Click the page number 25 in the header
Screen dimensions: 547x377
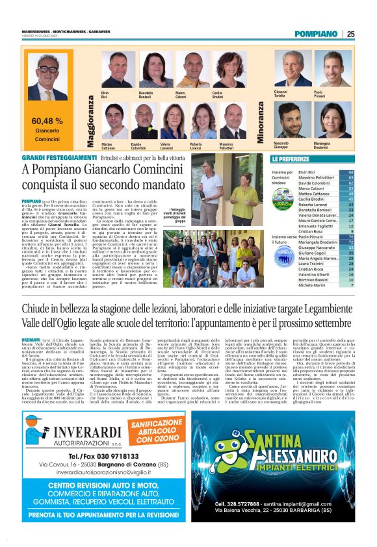[351, 34]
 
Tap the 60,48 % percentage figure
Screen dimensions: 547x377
[47, 121]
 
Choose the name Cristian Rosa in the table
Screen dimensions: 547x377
[311, 231]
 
